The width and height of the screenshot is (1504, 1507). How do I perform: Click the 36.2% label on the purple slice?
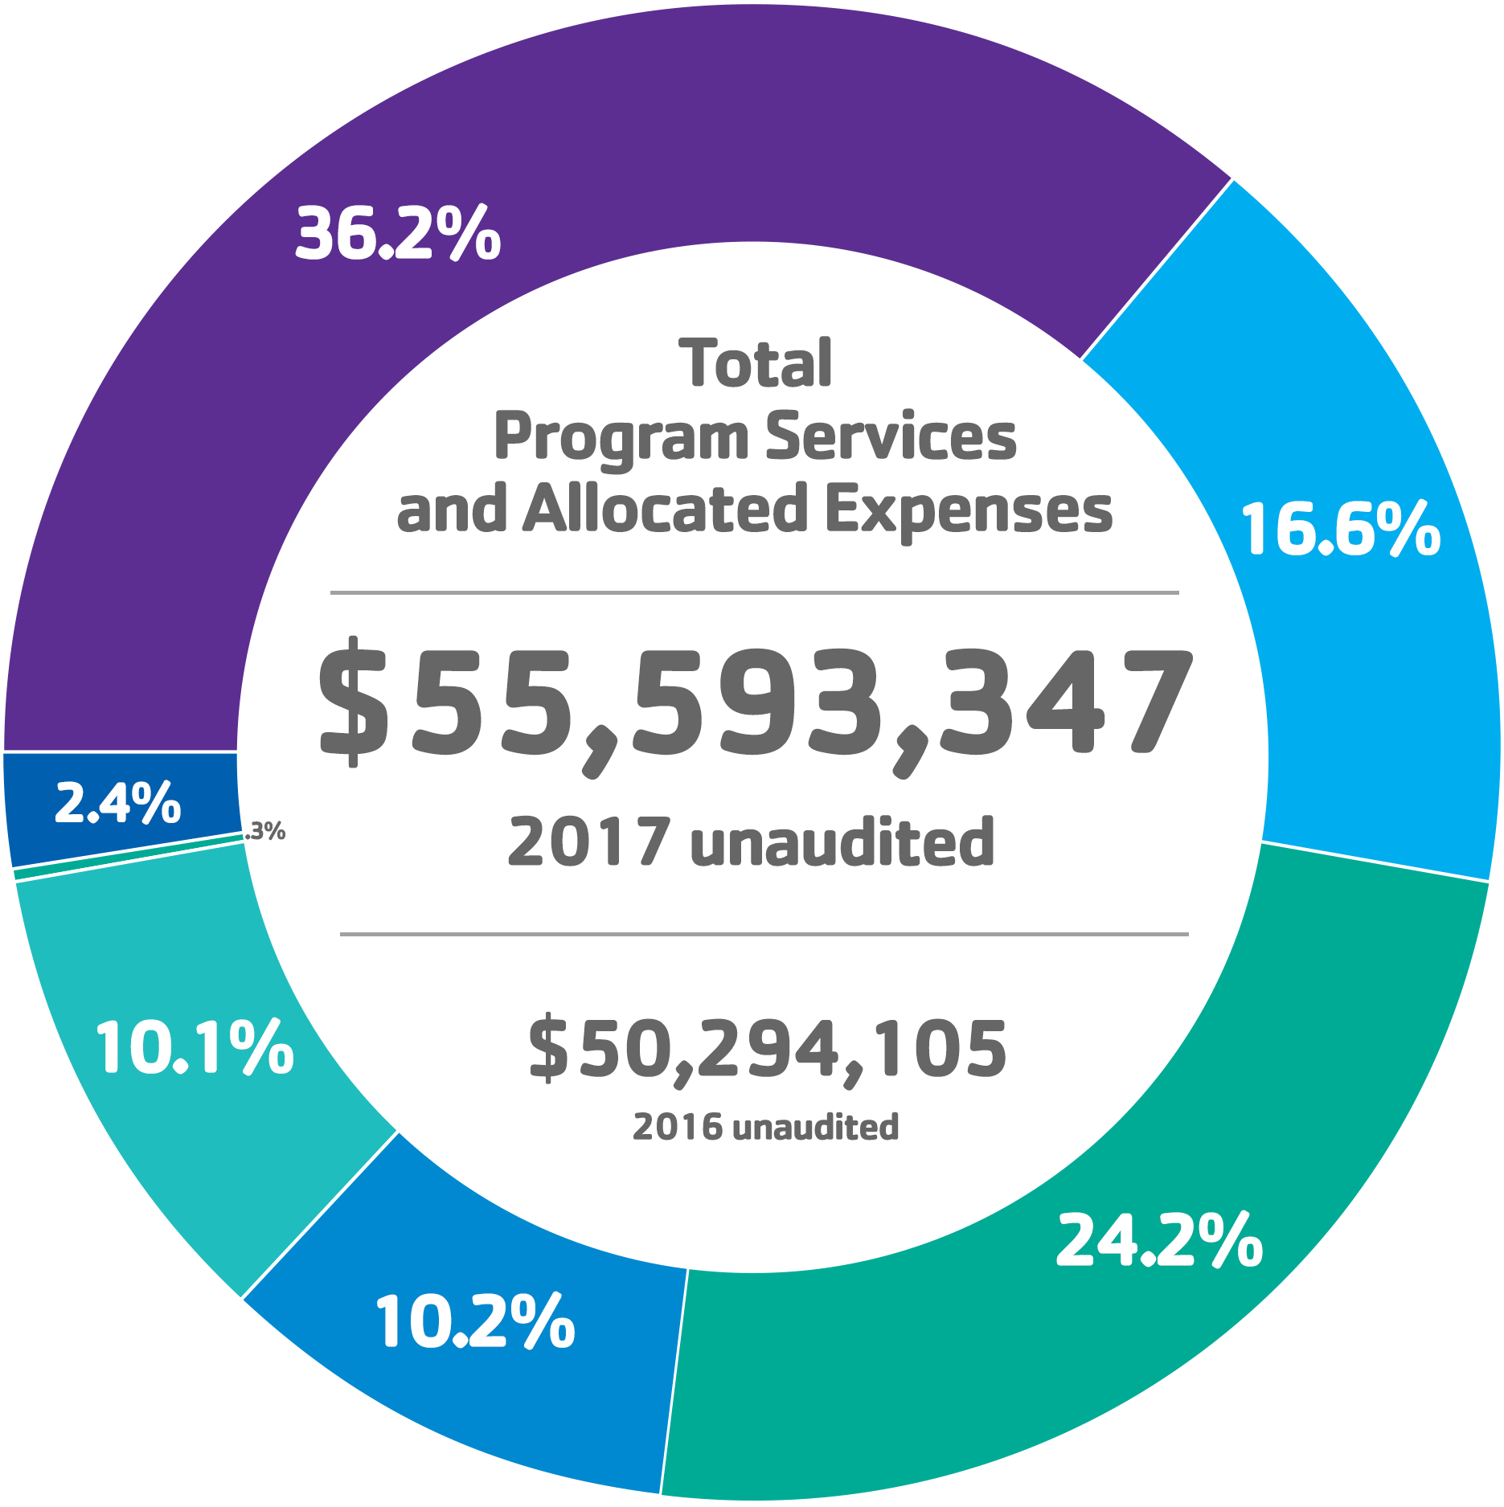tap(398, 234)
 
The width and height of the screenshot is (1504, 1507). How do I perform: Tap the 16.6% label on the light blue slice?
tap(1340, 530)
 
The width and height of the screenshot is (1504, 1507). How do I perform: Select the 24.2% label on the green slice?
tap(1158, 1240)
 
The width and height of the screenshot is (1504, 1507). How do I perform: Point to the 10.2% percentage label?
tap(475, 1322)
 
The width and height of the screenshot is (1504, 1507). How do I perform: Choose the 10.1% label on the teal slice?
tap(195, 1048)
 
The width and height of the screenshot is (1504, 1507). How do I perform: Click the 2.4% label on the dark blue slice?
tap(117, 803)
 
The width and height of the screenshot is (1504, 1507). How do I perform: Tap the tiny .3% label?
tap(265, 831)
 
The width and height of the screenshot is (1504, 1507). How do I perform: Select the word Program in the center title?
tap(621, 438)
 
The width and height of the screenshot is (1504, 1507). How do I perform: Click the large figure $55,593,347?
tap(755, 705)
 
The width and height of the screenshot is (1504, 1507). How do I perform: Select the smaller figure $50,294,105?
tap(766, 1048)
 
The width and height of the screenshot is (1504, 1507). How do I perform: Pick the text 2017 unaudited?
tap(751, 842)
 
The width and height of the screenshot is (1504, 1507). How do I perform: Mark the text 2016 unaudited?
tap(765, 1128)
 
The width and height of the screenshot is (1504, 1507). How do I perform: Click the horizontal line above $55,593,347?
tap(754, 593)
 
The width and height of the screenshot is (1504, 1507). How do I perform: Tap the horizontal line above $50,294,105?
tap(764, 935)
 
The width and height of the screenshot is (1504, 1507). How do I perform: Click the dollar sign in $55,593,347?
tap(350, 701)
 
